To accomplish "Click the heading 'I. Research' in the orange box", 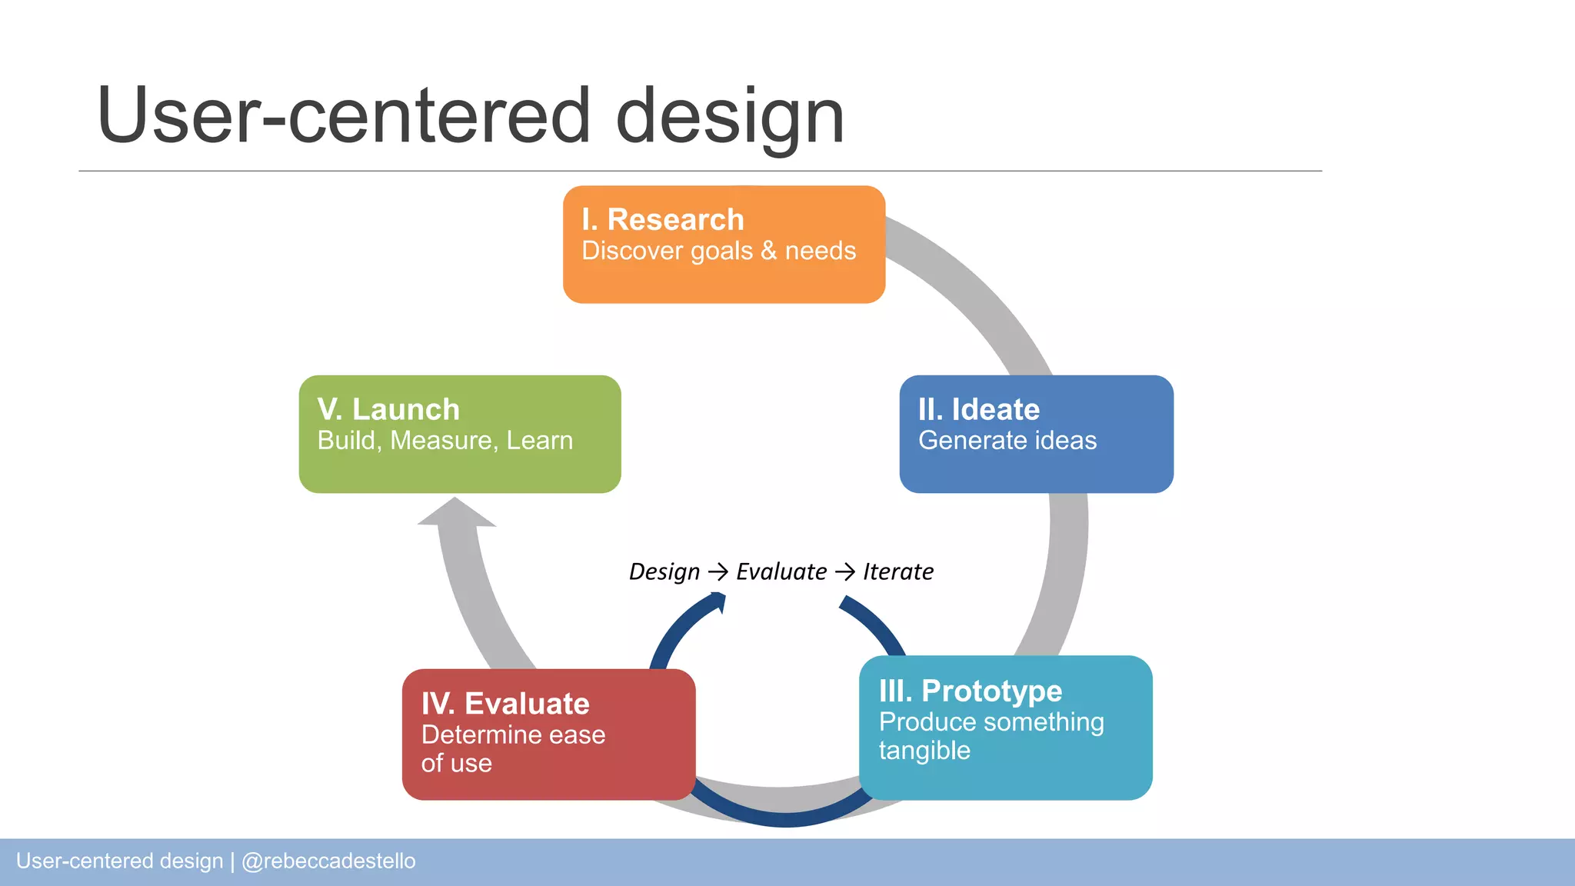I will pyautogui.click(x=663, y=220).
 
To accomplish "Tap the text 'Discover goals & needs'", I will pyautogui.click(x=718, y=251).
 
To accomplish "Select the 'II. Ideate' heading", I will pyautogui.click(x=978, y=409).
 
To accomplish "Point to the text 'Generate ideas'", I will pyautogui.click(x=1007, y=441).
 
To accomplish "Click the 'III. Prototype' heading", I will pyautogui.click(x=970, y=691).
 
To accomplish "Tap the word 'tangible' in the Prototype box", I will pyautogui.click(x=924, y=751).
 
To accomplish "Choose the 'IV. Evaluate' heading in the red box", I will pyautogui.click(x=505, y=704).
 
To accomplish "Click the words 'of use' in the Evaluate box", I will pyautogui.click(x=456, y=764).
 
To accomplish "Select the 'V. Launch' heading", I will pyautogui.click(x=388, y=409).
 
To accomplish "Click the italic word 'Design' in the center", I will pyautogui.click(x=664, y=572).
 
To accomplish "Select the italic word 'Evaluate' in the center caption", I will pyautogui.click(x=781, y=572).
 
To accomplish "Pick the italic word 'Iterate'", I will pyautogui.click(x=897, y=572).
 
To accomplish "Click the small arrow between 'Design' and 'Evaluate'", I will pyautogui.click(x=718, y=572).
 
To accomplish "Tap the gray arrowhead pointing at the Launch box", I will pyautogui.click(x=456, y=514).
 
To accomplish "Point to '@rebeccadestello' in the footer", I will pyautogui.click(x=328, y=861).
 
